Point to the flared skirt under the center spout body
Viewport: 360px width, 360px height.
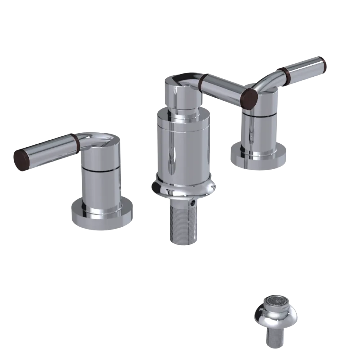[184, 187]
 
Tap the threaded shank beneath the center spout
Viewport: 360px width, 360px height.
[183, 223]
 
